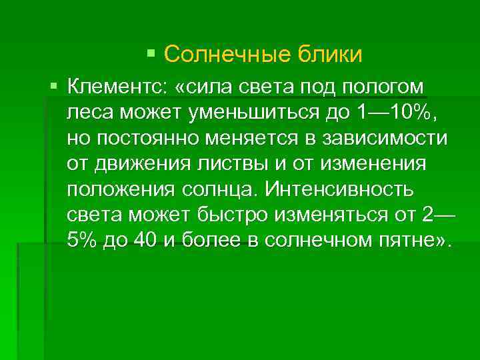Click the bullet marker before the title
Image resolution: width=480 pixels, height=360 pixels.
[151, 52]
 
